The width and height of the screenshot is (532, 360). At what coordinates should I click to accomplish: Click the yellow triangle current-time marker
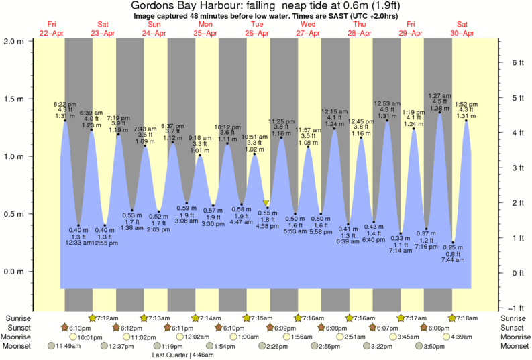click(266, 203)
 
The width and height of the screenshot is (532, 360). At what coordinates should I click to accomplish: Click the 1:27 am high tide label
click(439, 96)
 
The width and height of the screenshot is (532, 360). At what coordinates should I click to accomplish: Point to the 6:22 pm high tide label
click(65, 104)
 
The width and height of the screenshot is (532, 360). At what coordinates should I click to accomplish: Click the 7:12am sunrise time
click(107, 318)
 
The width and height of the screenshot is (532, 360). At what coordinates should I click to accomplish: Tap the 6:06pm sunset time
click(439, 327)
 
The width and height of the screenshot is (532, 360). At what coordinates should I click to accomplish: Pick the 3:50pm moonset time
click(433, 346)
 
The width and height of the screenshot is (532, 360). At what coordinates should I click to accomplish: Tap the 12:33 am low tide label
click(79, 242)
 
